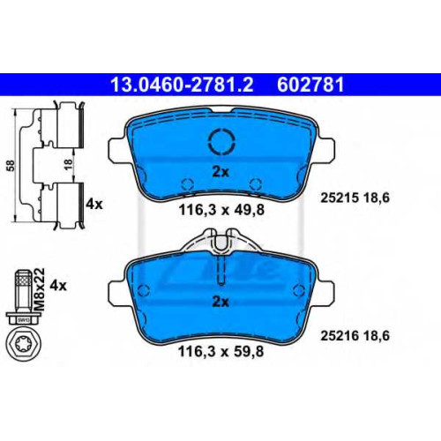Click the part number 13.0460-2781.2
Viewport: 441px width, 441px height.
coord(182,85)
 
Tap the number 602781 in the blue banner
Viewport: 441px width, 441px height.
coord(310,85)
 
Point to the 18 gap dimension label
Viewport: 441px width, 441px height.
coord(68,166)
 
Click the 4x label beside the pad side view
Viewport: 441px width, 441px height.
coord(94,204)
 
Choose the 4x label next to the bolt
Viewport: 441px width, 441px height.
coord(58,285)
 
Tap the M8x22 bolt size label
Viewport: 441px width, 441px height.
coord(40,289)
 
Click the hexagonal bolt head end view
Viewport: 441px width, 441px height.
coord(24,344)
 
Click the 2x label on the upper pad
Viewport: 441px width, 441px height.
coord(220,172)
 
